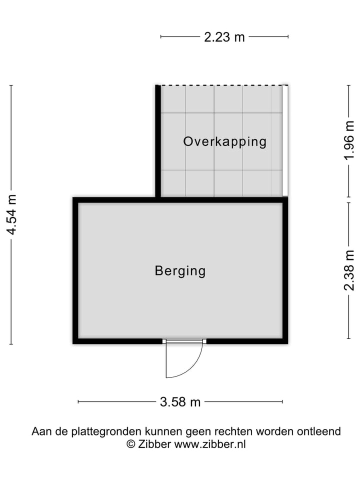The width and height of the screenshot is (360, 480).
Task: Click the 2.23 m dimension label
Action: [224, 37]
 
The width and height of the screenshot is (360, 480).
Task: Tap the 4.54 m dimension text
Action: [11, 214]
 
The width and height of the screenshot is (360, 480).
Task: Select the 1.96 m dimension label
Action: [349, 141]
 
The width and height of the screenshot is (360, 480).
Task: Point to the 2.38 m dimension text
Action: [349, 270]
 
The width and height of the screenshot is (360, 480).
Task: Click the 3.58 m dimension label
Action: [180, 401]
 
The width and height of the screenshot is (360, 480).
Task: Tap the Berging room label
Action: [180, 271]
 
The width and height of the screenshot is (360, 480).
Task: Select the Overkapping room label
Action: [224, 141]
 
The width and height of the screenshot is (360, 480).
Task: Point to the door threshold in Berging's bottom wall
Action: [185, 341]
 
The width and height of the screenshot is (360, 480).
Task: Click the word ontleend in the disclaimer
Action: [320, 431]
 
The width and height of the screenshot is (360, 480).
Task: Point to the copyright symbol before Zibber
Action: [130, 444]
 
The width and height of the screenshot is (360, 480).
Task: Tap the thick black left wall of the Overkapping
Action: [158, 140]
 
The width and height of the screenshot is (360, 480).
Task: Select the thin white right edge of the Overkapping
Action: [285, 140]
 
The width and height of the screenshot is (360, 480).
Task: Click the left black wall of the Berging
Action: [75, 270]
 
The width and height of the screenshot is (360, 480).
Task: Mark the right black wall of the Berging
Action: [285, 270]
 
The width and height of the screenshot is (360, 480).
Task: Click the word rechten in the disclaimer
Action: [234, 431]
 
